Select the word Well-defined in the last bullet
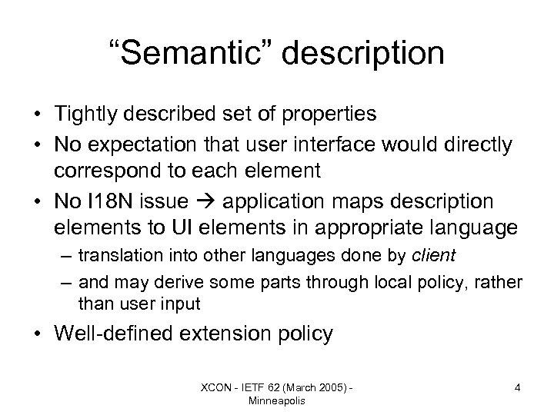point(116,334)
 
